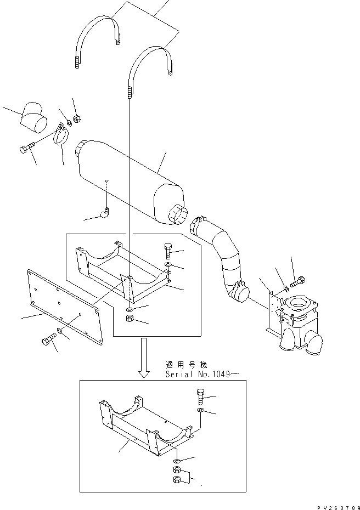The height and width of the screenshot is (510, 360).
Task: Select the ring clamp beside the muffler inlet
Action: click(x=60, y=135)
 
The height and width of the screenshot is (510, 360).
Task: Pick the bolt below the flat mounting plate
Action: click(x=47, y=341)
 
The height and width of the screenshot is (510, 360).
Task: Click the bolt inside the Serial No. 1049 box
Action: click(x=199, y=395)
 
